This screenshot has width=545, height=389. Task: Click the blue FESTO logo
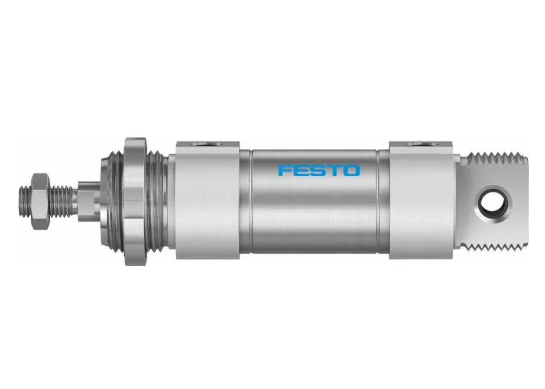319,170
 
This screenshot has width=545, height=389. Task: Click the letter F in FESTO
286,170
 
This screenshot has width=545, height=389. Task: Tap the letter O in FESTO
352,170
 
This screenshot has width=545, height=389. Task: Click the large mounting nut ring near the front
135,201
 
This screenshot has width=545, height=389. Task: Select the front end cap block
208,200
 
